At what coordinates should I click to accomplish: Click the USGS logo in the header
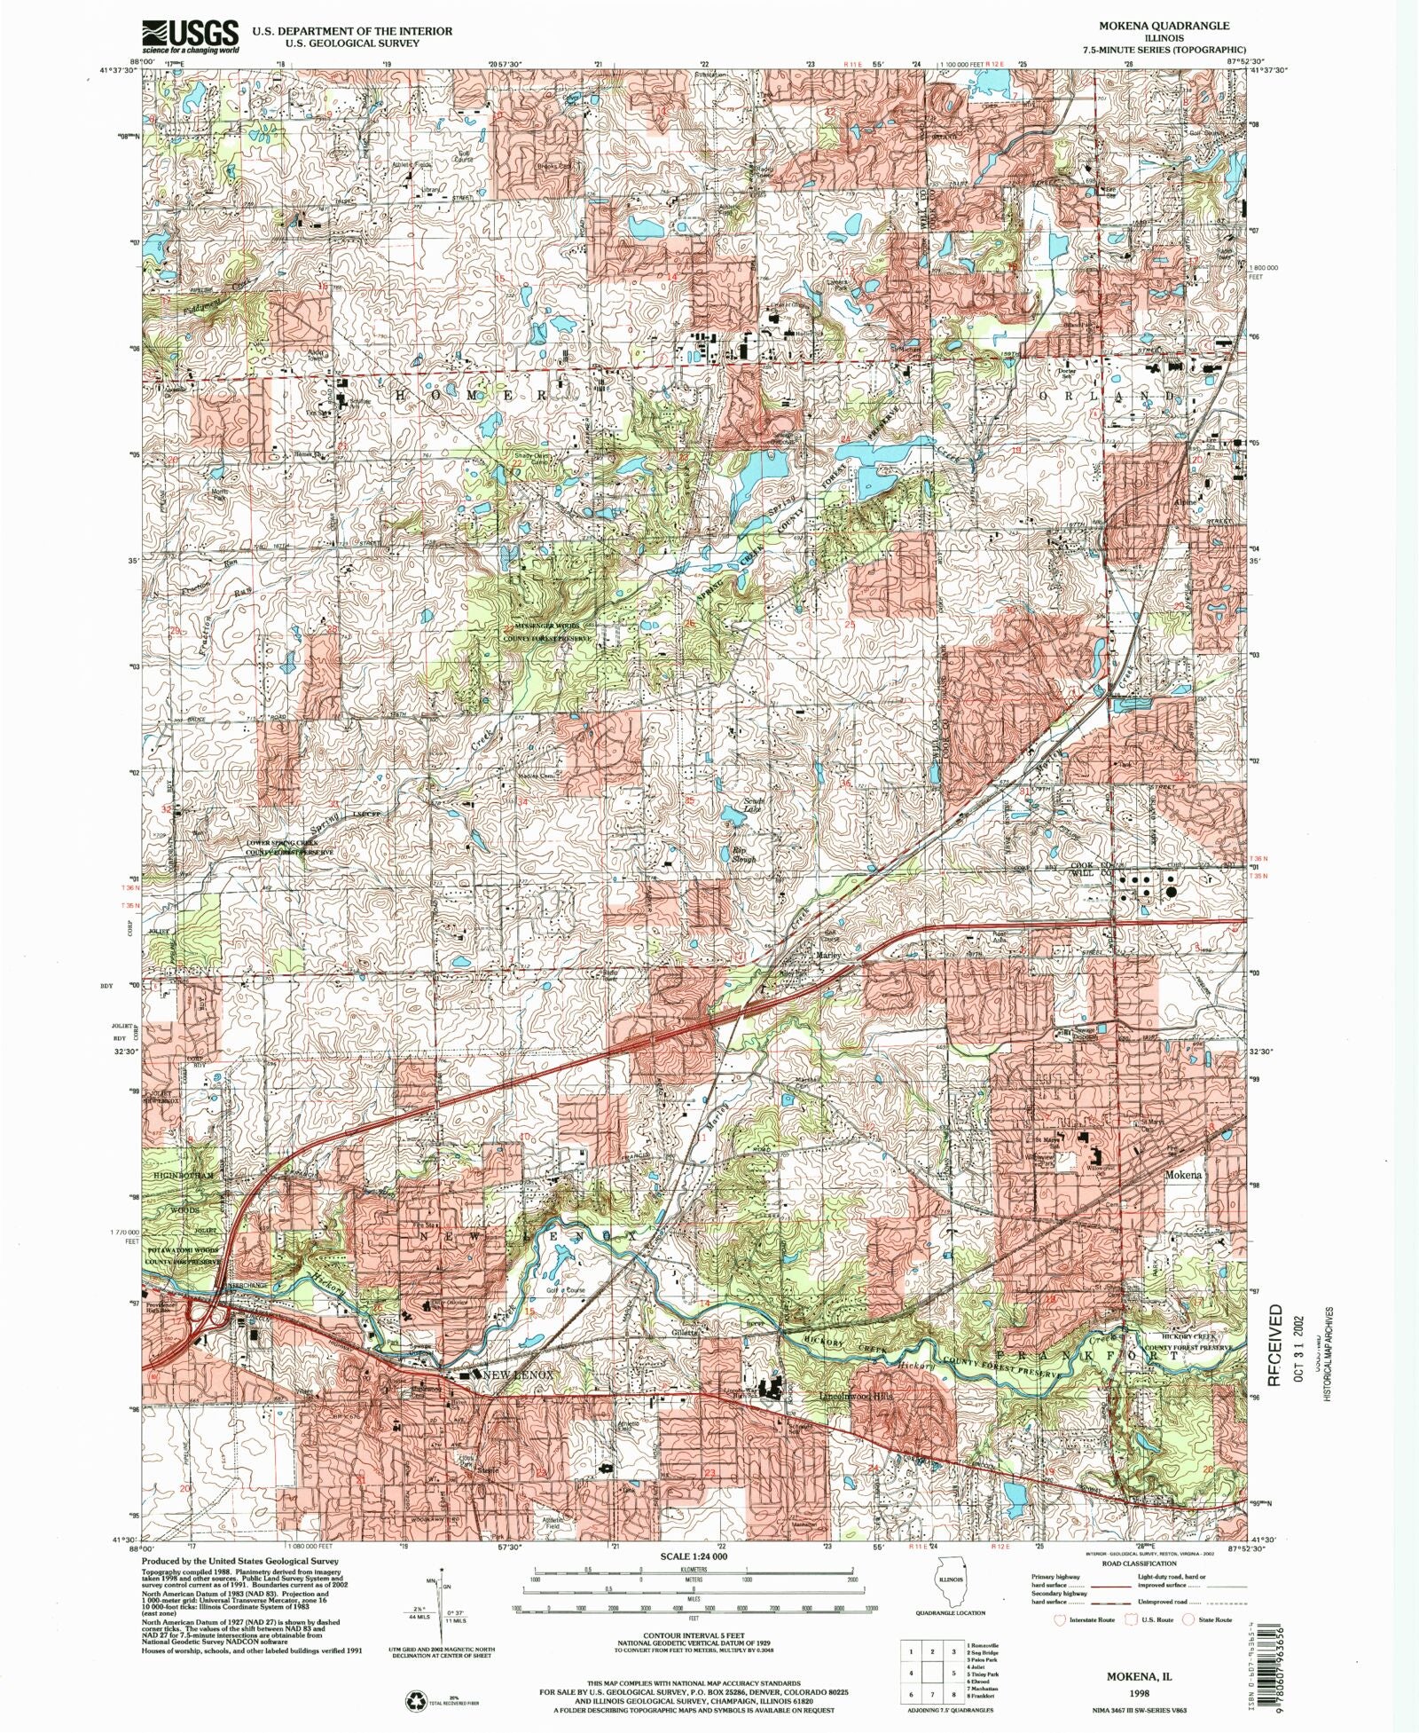[x=190, y=36]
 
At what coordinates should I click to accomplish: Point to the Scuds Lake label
[x=753, y=806]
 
